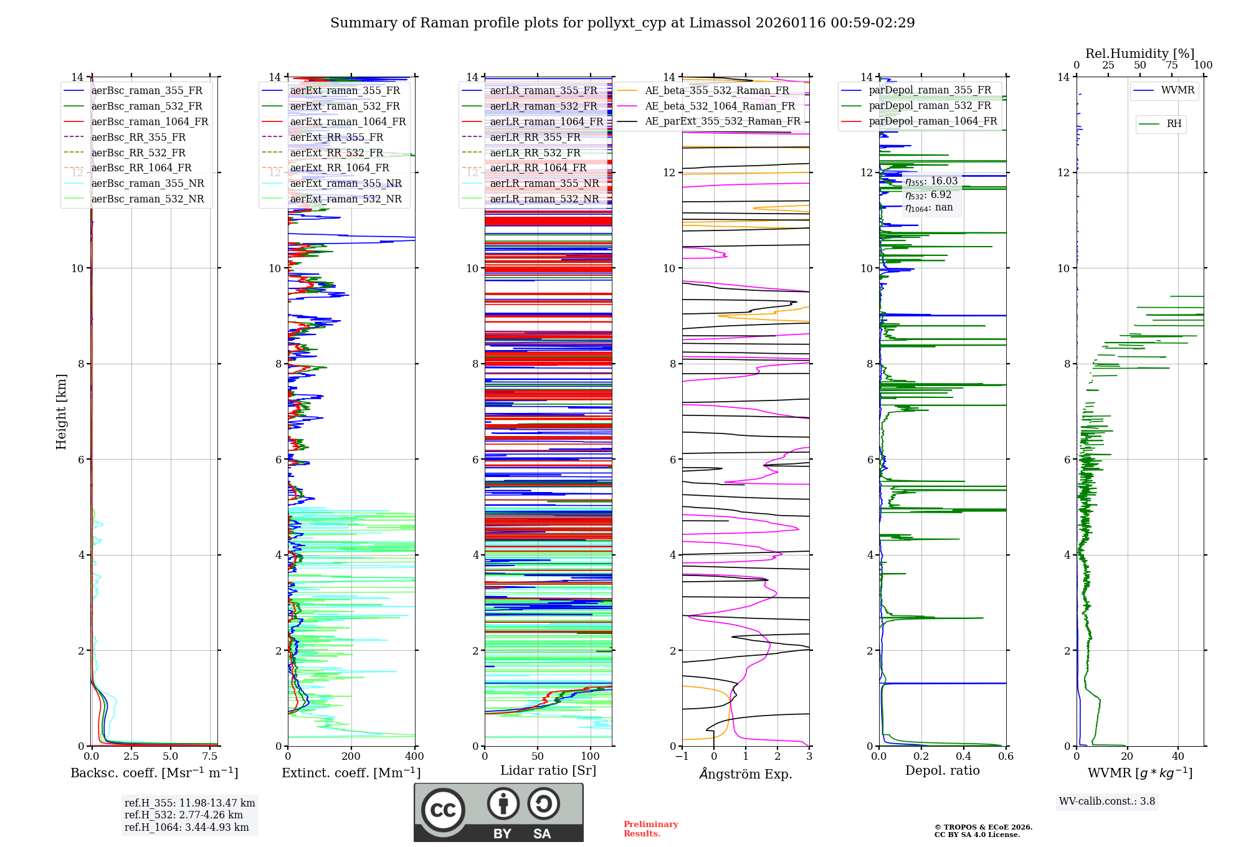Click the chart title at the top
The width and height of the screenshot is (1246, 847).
622,23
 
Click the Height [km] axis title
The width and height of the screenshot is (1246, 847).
61,411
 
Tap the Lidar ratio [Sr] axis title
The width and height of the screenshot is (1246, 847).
548,770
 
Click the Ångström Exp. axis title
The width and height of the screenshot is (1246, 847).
746,774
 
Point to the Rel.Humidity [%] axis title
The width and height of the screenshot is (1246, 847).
1139,54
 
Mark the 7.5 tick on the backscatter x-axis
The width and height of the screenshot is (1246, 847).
210,756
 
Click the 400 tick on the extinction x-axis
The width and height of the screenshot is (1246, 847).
414,756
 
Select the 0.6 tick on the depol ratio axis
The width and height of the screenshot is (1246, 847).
1006,756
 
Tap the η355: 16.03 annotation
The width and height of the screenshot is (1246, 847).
931,181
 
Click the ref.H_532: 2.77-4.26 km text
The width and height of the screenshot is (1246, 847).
184,815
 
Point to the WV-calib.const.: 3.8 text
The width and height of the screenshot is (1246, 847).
1107,801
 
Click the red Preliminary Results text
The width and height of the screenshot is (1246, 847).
650,828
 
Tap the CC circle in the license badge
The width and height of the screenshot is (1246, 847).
443,810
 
